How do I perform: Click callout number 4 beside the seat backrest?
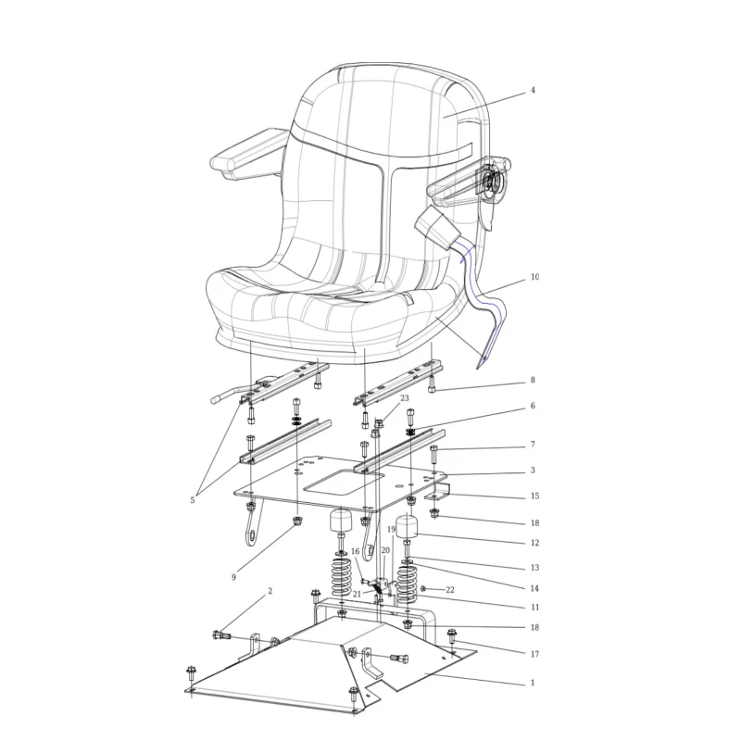(x=533, y=90)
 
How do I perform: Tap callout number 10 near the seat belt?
(x=534, y=277)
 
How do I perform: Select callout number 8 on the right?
(x=533, y=380)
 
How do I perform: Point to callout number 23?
(x=405, y=398)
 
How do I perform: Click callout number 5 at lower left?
(x=193, y=500)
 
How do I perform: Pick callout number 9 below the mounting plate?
(x=233, y=577)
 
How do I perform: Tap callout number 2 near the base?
(x=270, y=591)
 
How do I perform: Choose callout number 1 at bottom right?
(x=533, y=683)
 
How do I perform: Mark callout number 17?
(x=534, y=654)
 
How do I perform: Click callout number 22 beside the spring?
(x=450, y=590)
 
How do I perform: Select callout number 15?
(x=534, y=496)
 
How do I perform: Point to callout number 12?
(x=534, y=543)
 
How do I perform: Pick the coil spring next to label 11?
(x=407, y=582)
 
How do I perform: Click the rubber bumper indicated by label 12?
(x=407, y=527)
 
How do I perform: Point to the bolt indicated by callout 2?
(x=220, y=635)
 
